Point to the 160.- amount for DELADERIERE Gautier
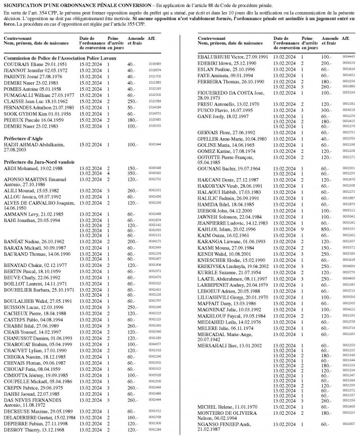132,417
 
